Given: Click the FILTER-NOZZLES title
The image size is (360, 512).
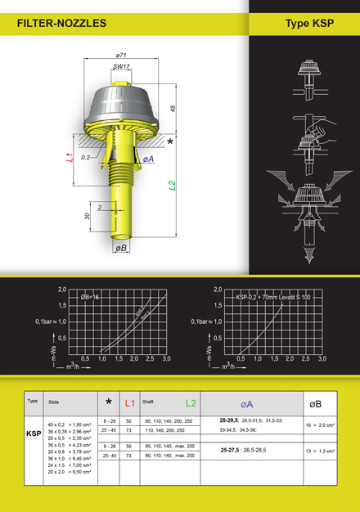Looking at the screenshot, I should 61,24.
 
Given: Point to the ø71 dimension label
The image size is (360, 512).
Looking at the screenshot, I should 120,55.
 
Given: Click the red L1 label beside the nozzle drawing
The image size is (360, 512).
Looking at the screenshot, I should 71,156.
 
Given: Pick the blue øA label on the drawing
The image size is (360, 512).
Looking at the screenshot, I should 148,159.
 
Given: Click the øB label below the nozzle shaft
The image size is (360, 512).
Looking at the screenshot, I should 121,247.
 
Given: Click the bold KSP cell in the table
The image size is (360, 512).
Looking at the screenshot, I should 34,434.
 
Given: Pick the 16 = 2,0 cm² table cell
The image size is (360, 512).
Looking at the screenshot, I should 321,425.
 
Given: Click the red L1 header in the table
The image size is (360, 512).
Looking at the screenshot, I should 129,403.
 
